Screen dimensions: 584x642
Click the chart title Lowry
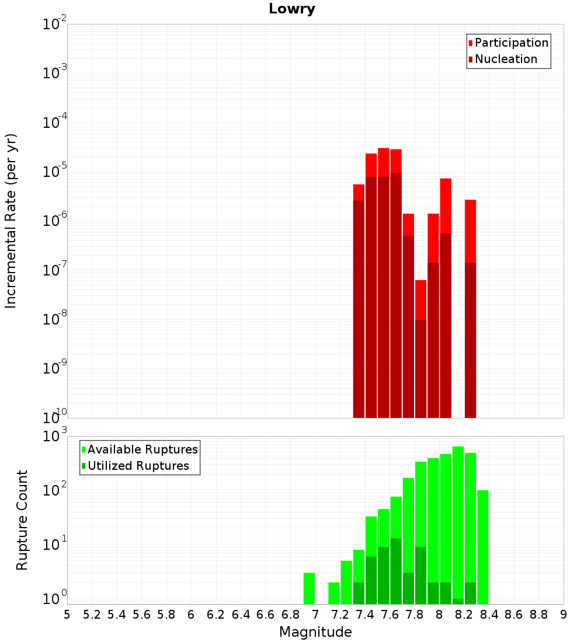coord(292,9)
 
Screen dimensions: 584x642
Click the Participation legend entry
coord(508,43)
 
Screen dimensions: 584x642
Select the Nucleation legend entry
coord(503,59)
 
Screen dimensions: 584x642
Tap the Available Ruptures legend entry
coord(140,449)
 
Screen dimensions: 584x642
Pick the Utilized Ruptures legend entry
coord(135,466)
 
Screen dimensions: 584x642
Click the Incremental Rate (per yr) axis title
coord(11,221)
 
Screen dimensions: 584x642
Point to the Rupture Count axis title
coord(22,520)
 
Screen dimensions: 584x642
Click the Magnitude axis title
coord(315,632)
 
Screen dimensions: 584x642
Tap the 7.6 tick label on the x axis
coord(390,615)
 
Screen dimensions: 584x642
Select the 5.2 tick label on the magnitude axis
coord(92,615)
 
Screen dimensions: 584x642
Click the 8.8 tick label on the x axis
coord(538,615)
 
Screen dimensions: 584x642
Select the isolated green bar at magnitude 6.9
coord(309,588)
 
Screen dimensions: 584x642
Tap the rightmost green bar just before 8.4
coord(483,547)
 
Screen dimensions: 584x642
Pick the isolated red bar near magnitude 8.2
coord(471,309)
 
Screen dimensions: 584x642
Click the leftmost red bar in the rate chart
coord(359,301)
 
